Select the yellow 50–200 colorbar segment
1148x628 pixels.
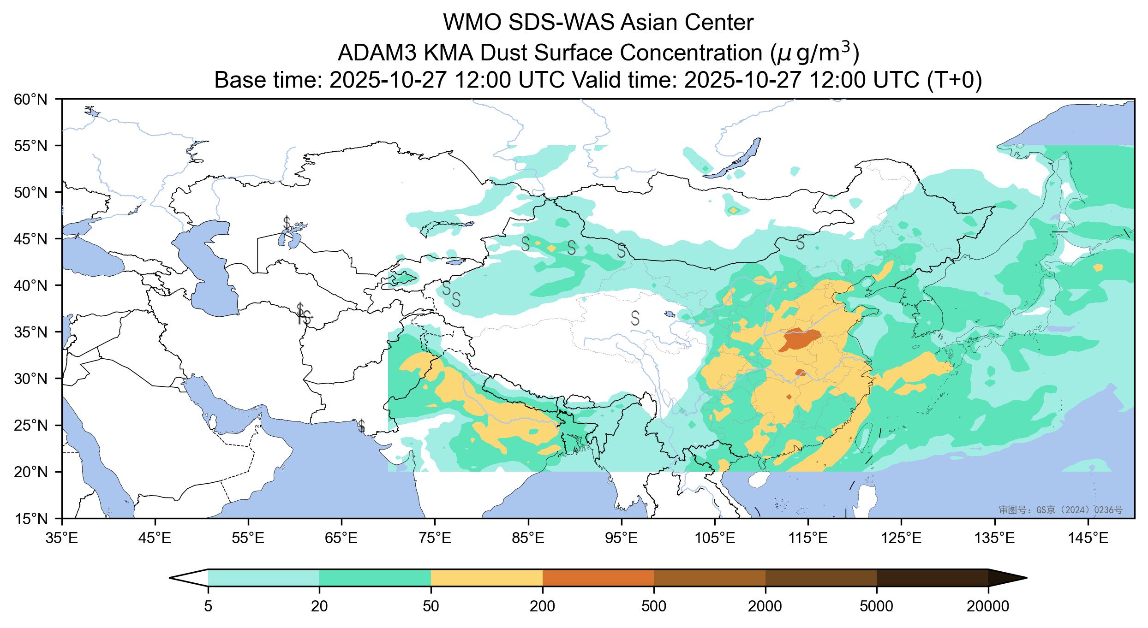coord(487,578)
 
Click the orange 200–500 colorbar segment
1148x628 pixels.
coord(598,578)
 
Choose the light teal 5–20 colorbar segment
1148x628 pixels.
coord(263,578)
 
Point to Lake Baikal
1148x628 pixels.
coord(734,159)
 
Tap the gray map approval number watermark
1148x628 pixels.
coord(1060,510)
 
